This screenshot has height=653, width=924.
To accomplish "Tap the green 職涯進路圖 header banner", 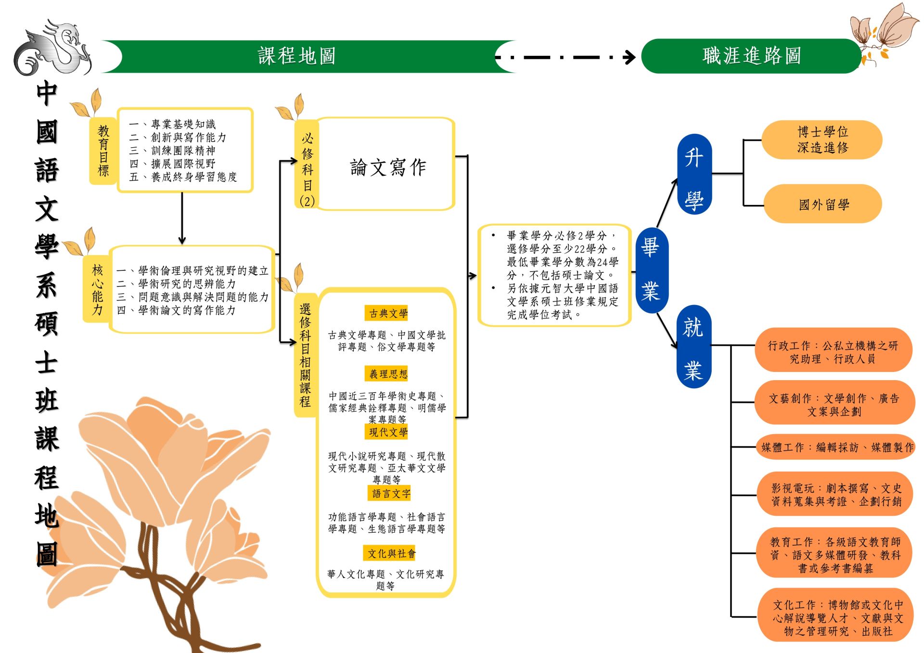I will (x=751, y=56).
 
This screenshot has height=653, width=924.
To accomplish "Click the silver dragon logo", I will (x=53, y=48).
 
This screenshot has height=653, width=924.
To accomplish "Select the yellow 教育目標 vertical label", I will (x=103, y=151).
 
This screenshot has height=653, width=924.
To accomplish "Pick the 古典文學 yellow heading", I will (x=388, y=314).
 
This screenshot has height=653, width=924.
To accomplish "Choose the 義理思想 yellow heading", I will (x=388, y=374).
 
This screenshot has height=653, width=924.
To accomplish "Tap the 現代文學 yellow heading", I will (x=388, y=432).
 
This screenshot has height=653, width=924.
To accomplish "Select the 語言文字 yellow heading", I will (x=391, y=493).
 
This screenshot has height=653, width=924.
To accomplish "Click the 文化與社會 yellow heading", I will (x=391, y=553).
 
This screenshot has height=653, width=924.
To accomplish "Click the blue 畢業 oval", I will (x=651, y=270).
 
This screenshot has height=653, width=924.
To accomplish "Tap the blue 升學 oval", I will (x=694, y=174).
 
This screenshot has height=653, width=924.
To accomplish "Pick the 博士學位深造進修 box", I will (x=822, y=140).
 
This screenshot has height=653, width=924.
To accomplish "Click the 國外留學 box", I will (x=823, y=205).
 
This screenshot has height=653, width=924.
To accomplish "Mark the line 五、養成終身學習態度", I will (x=183, y=177).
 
